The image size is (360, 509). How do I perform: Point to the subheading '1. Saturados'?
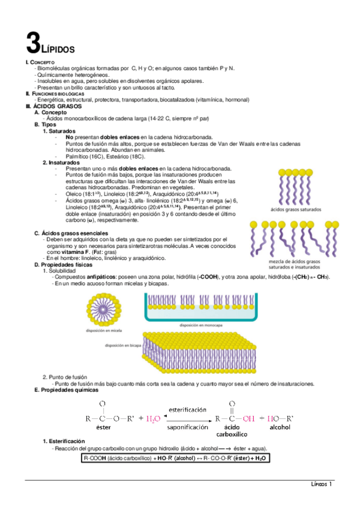pyautogui.click(x=59, y=130)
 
